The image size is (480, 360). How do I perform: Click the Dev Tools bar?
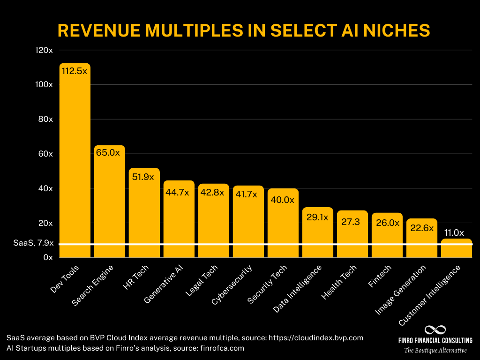tap(75, 159)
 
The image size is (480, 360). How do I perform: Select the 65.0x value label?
tap(109, 153)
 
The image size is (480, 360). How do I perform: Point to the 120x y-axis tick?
tap(44, 50)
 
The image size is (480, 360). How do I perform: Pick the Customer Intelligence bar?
tap(456, 248)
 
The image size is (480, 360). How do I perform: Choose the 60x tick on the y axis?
tap(45, 154)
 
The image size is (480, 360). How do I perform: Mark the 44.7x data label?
tap(179, 193)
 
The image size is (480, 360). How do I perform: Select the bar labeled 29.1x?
tap(317, 232)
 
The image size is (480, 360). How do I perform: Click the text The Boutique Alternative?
tap(435, 350)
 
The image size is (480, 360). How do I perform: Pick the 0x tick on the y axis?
tap(48, 257)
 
